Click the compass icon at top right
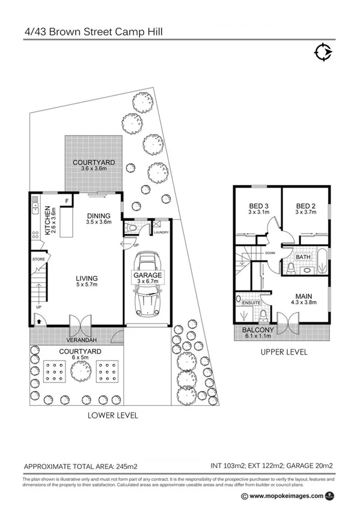[x=323, y=53]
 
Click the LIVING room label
[x=87, y=278]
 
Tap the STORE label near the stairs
[x=39, y=259]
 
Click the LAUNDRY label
[x=162, y=232]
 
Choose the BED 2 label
[x=306, y=205]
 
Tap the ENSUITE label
[x=251, y=303]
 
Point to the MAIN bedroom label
[x=304, y=296]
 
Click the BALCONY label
[x=258, y=330]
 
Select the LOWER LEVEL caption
[x=113, y=415]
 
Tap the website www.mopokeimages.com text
[x=286, y=496]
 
